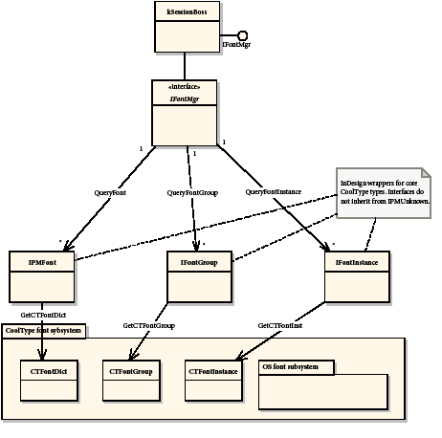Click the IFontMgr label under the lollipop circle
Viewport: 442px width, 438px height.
237,45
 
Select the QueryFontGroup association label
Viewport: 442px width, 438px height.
191,191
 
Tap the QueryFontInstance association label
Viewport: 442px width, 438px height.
276,191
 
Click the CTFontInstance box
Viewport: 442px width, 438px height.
212,380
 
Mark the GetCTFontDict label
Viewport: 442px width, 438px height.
43,314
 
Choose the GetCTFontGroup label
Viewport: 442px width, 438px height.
148,326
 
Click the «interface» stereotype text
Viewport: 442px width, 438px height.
186,87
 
